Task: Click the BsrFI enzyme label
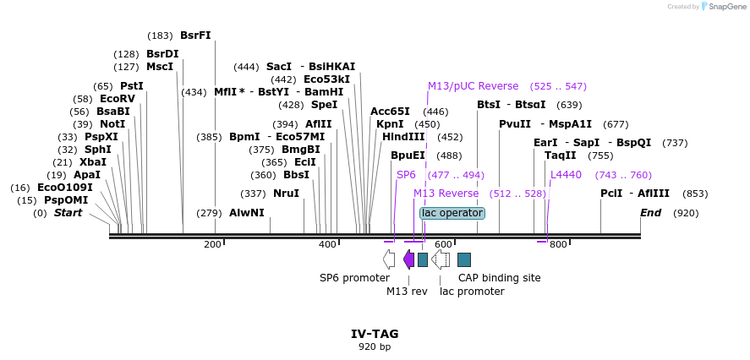click(195, 35)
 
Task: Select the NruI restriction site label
click(286, 194)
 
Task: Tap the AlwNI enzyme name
click(246, 213)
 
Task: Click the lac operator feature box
click(452, 213)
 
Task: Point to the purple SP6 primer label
click(406, 175)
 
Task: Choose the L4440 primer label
click(566, 175)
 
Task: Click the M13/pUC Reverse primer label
click(473, 86)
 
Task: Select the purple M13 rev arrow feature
click(409, 259)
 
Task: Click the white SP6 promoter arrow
click(388, 259)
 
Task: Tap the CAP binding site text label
click(499, 277)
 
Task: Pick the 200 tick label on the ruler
click(212, 244)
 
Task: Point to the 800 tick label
click(558, 244)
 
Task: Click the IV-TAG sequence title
click(375, 334)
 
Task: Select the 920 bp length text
click(375, 346)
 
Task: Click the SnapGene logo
click(723, 6)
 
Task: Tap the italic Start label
click(68, 213)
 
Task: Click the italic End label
click(650, 213)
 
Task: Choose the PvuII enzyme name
click(514, 123)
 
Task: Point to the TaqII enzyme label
click(561, 155)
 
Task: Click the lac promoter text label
click(472, 292)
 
